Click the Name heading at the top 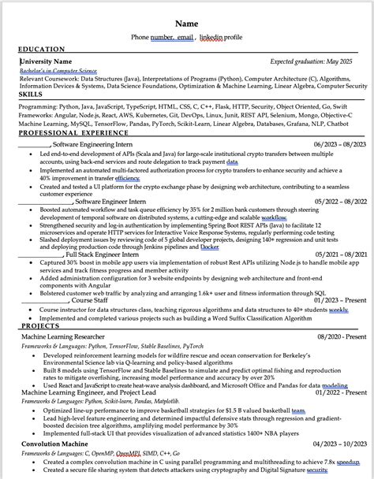click(x=186, y=24)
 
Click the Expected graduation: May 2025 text click(x=312, y=61)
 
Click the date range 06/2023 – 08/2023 click(x=339, y=144)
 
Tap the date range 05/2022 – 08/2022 click(x=339, y=201)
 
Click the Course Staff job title click(x=90, y=300)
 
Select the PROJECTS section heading click(x=40, y=325)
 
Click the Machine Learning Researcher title click(x=73, y=336)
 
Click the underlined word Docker click(x=210, y=246)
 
